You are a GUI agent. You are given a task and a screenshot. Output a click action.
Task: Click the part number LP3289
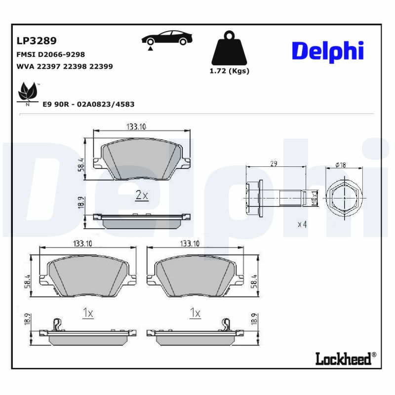tap(36, 40)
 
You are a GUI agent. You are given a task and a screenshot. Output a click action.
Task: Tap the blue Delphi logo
tap(327, 51)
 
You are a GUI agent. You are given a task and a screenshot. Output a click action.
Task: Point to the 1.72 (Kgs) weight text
tap(229, 71)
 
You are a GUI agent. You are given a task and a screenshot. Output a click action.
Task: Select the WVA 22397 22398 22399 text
tap(65, 66)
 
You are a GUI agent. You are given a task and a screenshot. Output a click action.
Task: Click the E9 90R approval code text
tap(88, 105)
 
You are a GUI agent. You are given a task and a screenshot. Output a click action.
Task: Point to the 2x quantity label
tap(142, 196)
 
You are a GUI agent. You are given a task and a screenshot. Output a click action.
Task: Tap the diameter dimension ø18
tap(340, 165)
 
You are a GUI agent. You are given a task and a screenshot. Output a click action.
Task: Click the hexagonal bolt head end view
tap(344, 197)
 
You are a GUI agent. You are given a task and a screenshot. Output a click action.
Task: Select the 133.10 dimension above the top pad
tap(136, 127)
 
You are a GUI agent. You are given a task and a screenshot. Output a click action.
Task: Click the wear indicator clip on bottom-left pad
tap(57, 324)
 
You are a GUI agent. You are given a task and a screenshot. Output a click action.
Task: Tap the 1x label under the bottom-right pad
tap(196, 313)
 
